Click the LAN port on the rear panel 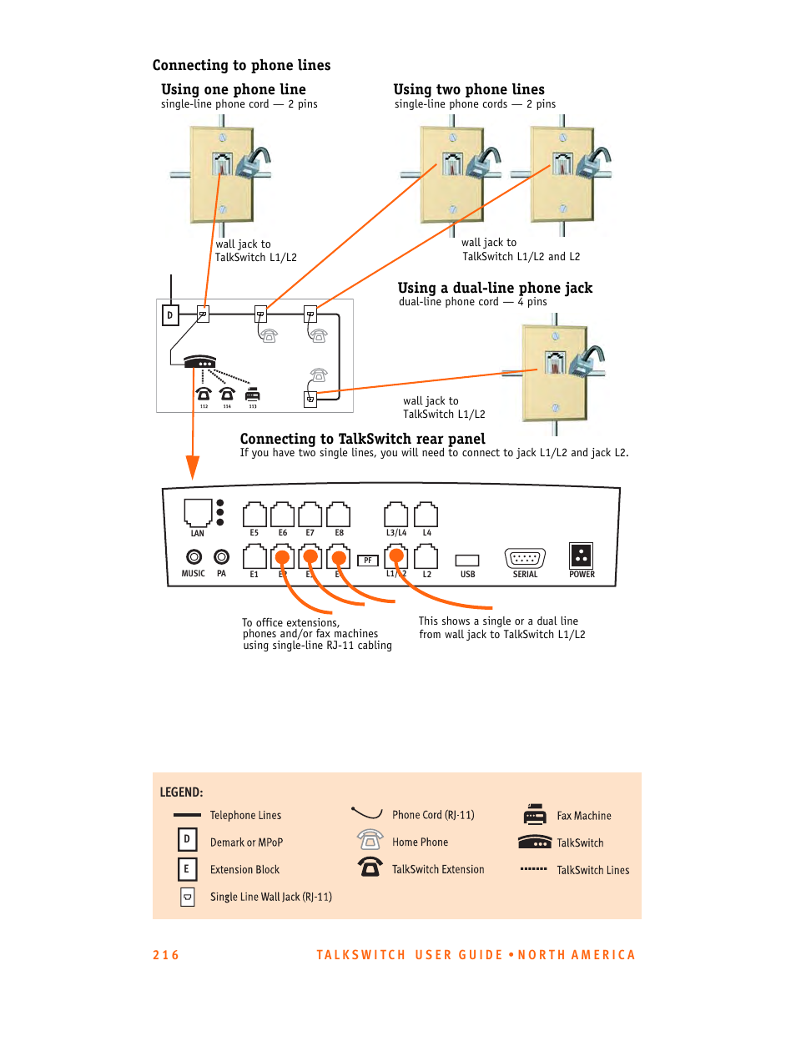[198, 512]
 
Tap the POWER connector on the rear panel [581, 556]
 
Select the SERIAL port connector [525, 558]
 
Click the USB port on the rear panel [467, 561]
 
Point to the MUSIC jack [194, 556]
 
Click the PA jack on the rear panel [221, 556]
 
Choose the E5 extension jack [254, 515]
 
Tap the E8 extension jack [339, 515]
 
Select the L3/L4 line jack [396, 515]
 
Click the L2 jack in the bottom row [426, 556]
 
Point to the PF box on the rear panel [367, 561]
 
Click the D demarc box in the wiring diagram [170, 314]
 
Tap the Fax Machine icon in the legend [535, 814]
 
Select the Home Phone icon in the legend [370, 840]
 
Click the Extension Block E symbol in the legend [186, 869]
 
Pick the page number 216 [165, 955]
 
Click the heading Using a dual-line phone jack [495, 289]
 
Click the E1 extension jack [254, 556]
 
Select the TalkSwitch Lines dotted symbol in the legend [534, 869]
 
